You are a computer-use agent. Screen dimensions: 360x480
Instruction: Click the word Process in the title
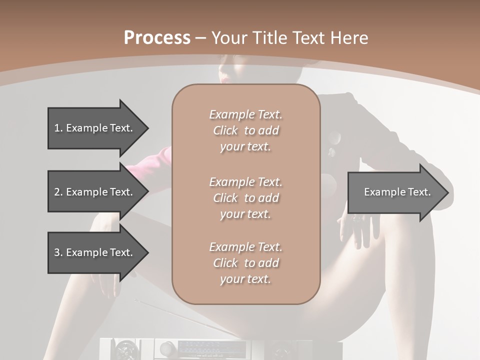tap(157, 38)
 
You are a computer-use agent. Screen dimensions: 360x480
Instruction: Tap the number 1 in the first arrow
tap(57, 128)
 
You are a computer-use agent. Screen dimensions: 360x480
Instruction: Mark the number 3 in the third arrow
tap(57, 252)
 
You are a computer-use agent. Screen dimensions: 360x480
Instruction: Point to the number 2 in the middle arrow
tap(57, 192)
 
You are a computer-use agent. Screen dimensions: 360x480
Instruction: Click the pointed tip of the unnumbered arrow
tap(446, 192)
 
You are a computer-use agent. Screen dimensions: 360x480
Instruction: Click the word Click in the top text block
tap(225, 131)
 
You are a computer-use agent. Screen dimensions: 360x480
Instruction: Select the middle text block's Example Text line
tap(245, 182)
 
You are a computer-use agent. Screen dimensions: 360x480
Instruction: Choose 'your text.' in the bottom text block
tap(245, 279)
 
